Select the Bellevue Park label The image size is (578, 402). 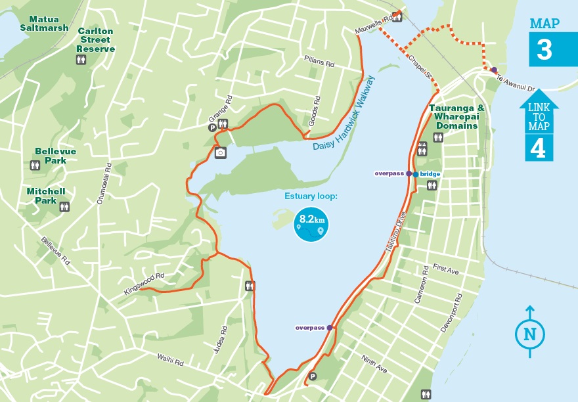55,156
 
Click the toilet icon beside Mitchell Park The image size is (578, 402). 64,207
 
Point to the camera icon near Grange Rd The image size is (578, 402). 221,152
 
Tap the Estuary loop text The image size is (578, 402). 311,196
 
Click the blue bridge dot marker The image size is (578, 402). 416,174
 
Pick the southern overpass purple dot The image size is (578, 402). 330,327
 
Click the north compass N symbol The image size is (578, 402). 529,335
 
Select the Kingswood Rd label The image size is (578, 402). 143,280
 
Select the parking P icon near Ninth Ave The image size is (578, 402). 313,376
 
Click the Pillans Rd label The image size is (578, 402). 320,63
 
